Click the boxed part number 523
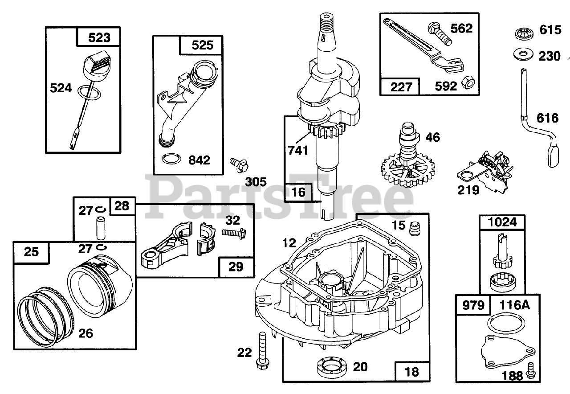[99, 37]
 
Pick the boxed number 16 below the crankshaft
[299, 192]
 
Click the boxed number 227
[399, 86]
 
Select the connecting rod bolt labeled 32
[235, 232]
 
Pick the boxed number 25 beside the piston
[32, 252]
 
